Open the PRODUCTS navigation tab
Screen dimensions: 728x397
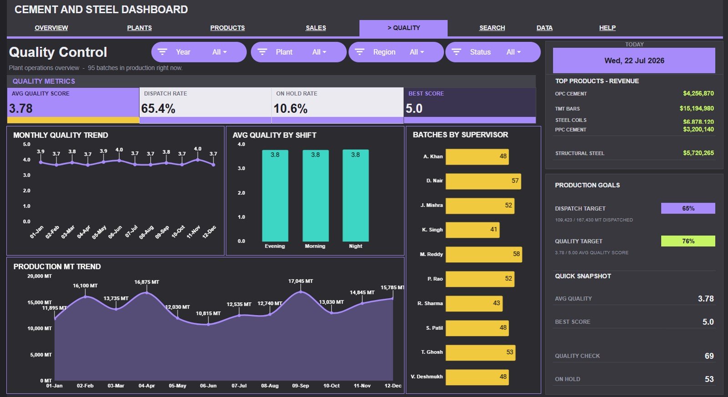[227, 28]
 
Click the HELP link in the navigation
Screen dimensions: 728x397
[607, 28]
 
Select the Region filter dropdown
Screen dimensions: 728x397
[396, 52]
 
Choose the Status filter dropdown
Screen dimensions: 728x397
[493, 52]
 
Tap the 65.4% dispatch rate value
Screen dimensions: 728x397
[158, 109]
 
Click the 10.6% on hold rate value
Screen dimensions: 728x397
[290, 109]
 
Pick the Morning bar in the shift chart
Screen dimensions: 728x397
[315, 195]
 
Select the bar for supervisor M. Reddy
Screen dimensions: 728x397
[484, 254]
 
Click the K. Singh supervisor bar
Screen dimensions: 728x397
[472, 230]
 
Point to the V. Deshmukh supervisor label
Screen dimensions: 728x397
[426, 377]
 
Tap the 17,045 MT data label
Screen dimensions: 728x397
[300, 281]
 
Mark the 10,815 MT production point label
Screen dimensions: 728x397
[208, 313]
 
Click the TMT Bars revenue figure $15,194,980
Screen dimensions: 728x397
[697, 108]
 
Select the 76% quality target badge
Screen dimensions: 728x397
[688, 241]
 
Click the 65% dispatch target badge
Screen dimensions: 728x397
[688, 209]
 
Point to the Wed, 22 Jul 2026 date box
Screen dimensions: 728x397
[634, 61]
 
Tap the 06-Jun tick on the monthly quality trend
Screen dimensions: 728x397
[116, 231]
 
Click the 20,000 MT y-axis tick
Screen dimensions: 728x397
[39, 276]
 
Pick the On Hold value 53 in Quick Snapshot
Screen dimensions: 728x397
[709, 379]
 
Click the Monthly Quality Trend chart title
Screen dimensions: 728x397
[61, 135]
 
